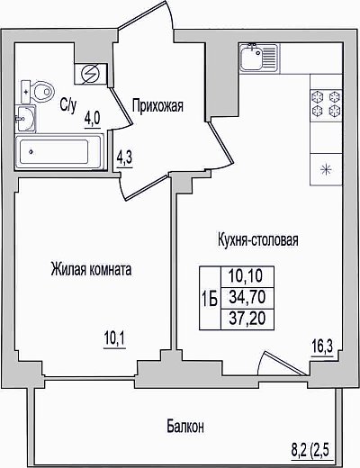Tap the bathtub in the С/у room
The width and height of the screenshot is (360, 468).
59,152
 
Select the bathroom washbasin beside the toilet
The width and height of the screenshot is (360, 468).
25,119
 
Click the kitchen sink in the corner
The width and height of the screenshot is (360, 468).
258,57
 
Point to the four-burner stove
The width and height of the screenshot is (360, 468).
326,105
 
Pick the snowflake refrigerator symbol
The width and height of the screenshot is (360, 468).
326,170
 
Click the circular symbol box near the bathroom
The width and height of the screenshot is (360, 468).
91,74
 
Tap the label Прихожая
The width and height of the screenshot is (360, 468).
157,106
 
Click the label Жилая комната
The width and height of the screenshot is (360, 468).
91,269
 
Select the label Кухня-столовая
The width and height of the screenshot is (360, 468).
258,240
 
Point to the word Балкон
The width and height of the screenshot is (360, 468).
185,426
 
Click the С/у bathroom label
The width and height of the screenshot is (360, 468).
68,105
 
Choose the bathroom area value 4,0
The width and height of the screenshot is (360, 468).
92,121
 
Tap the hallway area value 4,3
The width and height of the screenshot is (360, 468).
124,159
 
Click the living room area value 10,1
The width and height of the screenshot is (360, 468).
114,340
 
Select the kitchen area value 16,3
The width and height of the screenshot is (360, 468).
322,348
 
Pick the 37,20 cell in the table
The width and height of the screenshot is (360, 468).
247,319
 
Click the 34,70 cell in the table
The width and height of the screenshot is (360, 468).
247,298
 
